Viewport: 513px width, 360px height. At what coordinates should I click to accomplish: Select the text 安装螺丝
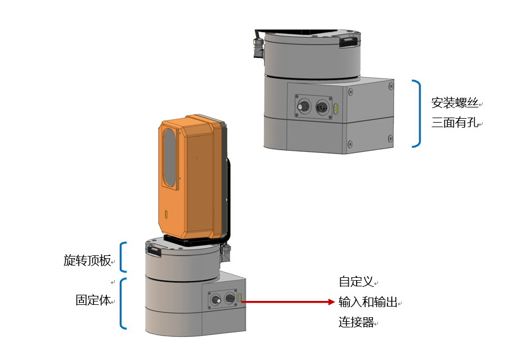pyautogui.click(x=454, y=102)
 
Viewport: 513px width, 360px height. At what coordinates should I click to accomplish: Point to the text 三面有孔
pyautogui.click(x=454, y=122)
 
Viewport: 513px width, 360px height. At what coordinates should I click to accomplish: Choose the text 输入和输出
pyautogui.click(x=367, y=302)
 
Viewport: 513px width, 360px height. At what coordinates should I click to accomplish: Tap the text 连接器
pyautogui.click(x=356, y=323)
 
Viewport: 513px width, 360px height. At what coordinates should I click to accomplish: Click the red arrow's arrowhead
pyautogui.click(x=331, y=302)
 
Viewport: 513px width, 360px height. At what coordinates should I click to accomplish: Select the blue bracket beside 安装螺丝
pyautogui.click(x=417, y=113)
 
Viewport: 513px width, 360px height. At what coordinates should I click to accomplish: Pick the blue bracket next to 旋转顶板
pyautogui.click(x=124, y=257)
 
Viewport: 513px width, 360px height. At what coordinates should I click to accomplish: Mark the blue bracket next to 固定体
pyautogui.click(x=123, y=303)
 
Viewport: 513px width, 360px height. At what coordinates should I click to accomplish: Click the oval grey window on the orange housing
pyautogui.click(x=168, y=157)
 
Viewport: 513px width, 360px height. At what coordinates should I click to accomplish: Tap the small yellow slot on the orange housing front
pyautogui.click(x=166, y=214)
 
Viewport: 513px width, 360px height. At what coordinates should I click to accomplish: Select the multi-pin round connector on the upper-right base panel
pyautogui.click(x=322, y=106)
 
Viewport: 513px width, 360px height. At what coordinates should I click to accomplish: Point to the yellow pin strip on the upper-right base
pyautogui.click(x=336, y=108)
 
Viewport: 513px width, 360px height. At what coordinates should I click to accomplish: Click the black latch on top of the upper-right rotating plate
pyautogui.click(x=348, y=40)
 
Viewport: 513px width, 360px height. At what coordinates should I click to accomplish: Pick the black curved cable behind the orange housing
pyautogui.click(x=228, y=191)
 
